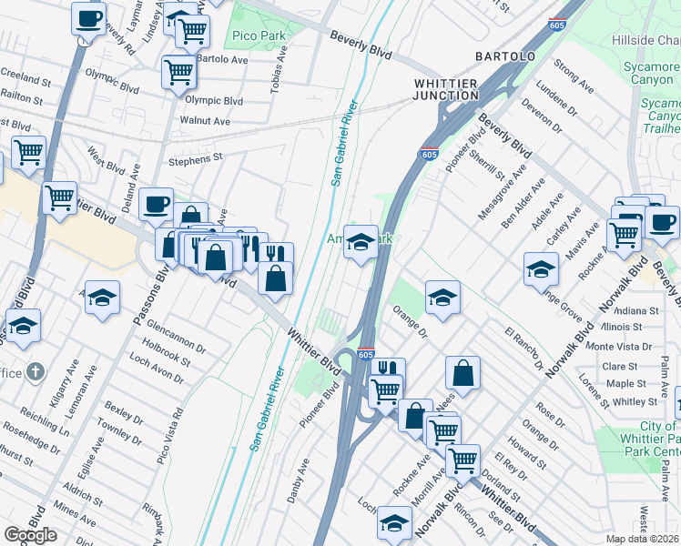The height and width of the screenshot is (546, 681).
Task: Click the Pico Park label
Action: (258, 36)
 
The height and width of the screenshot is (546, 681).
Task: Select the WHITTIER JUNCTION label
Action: (446, 90)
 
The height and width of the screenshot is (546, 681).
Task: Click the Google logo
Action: (30, 535)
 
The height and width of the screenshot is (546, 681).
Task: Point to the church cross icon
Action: (35, 370)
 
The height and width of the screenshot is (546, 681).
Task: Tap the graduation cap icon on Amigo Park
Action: (361, 242)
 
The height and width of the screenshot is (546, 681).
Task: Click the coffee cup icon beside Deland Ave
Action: (156, 203)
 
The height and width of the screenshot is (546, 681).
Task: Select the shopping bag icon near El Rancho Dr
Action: (462, 372)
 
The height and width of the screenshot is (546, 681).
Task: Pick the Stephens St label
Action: (196, 158)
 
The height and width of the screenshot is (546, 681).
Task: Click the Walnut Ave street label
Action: (205, 120)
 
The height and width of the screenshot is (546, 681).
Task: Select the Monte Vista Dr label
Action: (618, 347)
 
